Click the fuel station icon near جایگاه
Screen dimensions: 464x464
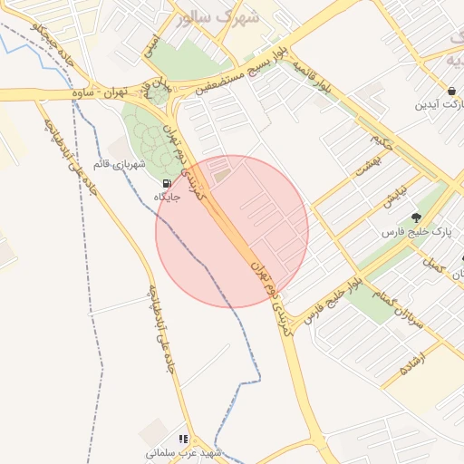click(x=166, y=184)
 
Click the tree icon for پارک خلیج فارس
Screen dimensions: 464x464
click(x=416, y=217)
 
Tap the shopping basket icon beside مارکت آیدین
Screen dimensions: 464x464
click(x=451, y=91)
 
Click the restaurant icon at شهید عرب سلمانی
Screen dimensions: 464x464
click(x=183, y=439)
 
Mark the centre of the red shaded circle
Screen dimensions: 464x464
click(x=232, y=231)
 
